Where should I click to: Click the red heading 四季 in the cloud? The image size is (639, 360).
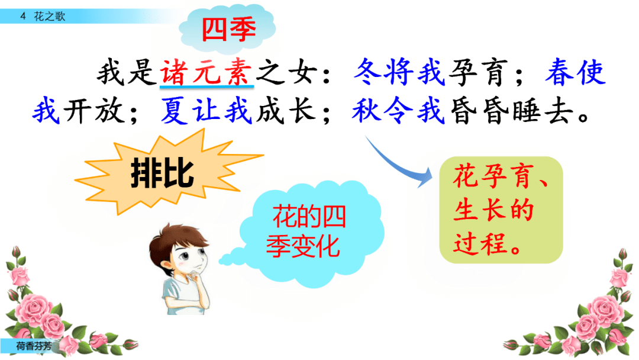tap(228, 29)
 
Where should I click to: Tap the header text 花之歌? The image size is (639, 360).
tap(50, 17)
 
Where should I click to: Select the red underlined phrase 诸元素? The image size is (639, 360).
tap(206, 72)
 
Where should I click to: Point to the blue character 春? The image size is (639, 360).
tap(560, 72)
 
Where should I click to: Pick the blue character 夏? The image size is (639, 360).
tap(175, 110)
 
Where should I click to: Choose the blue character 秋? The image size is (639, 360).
tap(367, 110)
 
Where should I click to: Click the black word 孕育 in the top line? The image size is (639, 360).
tap(479, 72)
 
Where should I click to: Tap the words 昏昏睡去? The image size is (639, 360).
tap(511, 111)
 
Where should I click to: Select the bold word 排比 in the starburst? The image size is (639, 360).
tap(162, 173)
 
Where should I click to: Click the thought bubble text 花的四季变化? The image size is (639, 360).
tap(306, 231)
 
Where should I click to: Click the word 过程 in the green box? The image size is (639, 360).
tap(481, 244)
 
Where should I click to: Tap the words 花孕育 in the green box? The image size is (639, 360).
tap(493, 176)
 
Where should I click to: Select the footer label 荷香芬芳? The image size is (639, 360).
tap(34, 346)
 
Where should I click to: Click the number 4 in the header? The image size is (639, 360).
tap(23, 17)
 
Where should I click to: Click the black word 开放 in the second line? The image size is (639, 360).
tap(94, 111)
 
